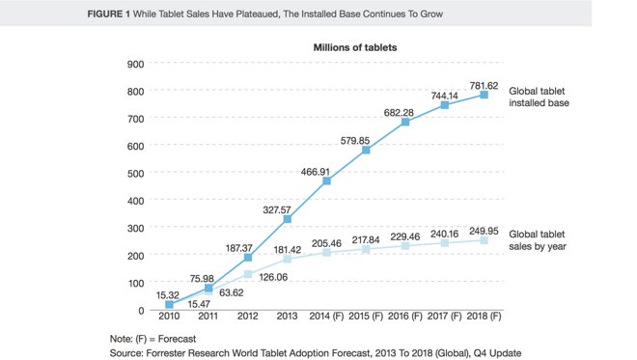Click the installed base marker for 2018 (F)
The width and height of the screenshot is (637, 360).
(484, 95)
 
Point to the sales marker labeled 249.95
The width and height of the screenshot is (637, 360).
(484, 241)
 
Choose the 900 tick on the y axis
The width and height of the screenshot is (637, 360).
(136, 64)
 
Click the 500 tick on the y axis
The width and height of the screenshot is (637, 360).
(136, 173)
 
